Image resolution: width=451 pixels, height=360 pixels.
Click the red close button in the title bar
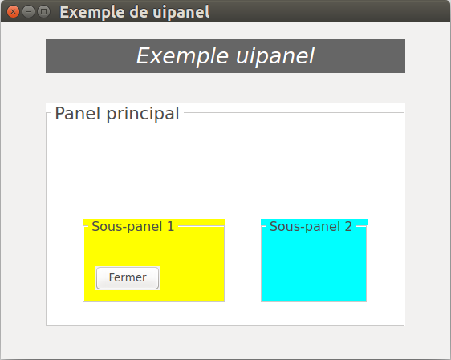(x=13, y=12)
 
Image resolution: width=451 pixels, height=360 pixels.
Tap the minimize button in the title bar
(x=28, y=12)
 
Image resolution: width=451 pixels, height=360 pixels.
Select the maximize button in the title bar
(x=43, y=12)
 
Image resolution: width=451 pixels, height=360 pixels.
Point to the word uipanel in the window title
(x=181, y=13)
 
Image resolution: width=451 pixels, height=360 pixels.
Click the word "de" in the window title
(x=139, y=12)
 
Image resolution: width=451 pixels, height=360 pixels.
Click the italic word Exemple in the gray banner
(x=183, y=56)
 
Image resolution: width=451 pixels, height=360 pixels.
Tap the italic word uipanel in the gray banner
(x=275, y=56)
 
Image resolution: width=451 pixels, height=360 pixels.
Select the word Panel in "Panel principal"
(x=77, y=114)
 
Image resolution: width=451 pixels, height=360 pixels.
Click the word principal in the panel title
(x=143, y=115)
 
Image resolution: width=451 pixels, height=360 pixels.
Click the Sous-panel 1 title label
(x=133, y=227)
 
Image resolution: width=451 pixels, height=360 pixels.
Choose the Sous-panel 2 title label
(x=311, y=227)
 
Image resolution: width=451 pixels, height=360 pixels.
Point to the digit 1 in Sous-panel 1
(x=171, y=226)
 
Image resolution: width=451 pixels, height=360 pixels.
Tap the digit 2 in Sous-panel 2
(x=348, y=226)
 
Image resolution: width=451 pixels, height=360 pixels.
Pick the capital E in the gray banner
(x=144, y=56)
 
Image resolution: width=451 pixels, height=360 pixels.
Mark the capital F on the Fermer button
(x=112, y=277)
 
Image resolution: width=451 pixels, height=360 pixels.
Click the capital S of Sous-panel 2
(x=274, y=226)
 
